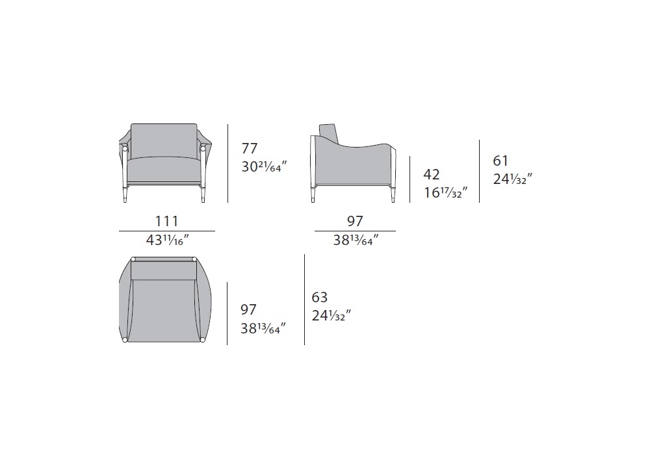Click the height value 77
(x=250, y=148)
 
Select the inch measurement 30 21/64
(x=264, y=166)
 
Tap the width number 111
(x=166, y=221)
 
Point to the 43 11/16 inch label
(x=168, y=239)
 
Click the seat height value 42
(x=432, y=174)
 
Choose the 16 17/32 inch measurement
(x=446, y=192)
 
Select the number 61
(x=500, y=161)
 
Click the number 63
(x=320, y=297)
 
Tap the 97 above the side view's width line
(x=355, y=221)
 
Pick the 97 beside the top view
(x=248, y=309)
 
